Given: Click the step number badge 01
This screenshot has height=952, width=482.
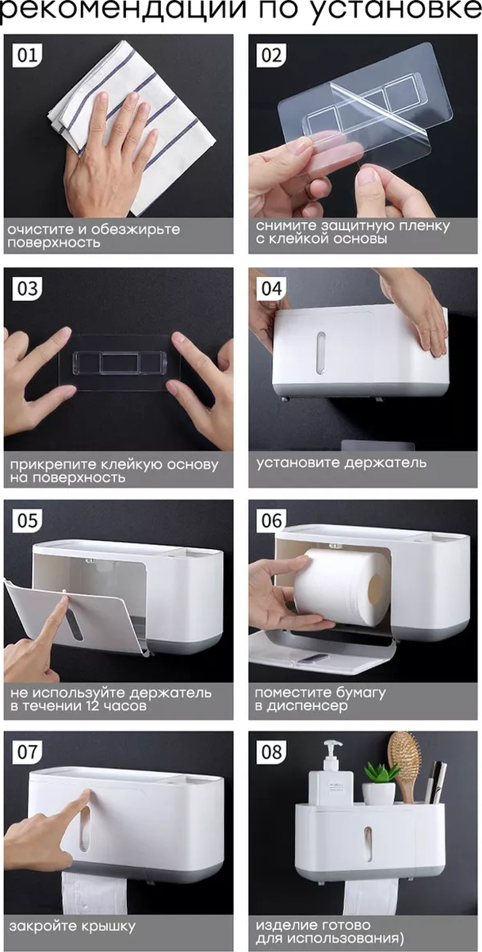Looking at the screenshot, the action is pos(28,56).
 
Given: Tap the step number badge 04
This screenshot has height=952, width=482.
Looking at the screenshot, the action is pos(272,289).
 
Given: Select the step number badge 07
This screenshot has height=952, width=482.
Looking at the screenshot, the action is pos(28,751).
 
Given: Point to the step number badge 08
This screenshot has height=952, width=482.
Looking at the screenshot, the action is pos(272,751).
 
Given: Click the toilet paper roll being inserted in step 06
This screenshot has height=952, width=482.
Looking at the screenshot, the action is pos(341,587).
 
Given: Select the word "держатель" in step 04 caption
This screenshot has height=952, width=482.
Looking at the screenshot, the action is pos(384,463).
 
